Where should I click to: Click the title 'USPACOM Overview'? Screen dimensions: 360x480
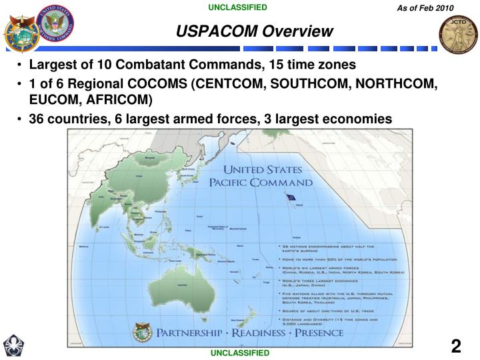255,31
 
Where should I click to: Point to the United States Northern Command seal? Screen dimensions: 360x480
57,25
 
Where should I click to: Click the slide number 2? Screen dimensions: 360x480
456,346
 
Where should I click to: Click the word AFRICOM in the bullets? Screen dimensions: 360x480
123,101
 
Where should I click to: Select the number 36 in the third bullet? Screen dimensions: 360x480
37,119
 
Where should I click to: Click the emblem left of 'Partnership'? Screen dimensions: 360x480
143,331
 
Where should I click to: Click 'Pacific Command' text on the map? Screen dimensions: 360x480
261,182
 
